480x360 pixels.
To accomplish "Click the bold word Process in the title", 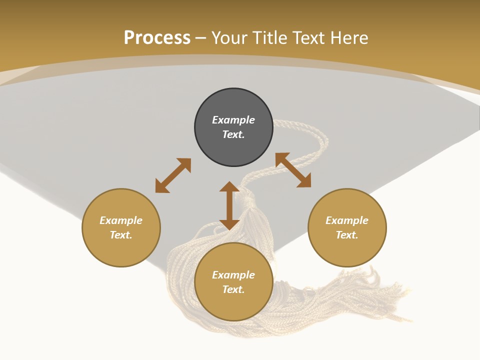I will pyautogui.click(x=157, y=38).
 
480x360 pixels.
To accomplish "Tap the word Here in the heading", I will pyautogui.click(x=349, y=38).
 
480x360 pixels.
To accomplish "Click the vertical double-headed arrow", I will pyautogui.click(x=229, y=205).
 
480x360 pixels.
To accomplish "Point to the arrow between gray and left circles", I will pyautogui.click(x=173, y=175).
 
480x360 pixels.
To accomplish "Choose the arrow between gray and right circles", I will pyautogui.click(x=293, y=170).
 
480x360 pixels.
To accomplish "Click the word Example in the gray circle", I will pyautogui.click(x=233, y=120).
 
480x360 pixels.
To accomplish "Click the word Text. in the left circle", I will pyautogui.click(x=121, y=235).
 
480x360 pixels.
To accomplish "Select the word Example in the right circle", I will pyautogui.click(x=347, y=220).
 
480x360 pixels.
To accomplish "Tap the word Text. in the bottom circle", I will pyautogui.click(x=233, y=289).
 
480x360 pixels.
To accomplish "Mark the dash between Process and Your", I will pyautogui.click(x=201, y=38).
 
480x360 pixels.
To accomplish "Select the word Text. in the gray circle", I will pyautogui.click(x=233, y=134).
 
